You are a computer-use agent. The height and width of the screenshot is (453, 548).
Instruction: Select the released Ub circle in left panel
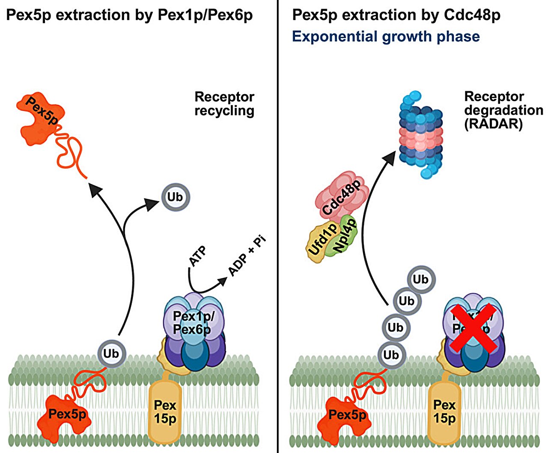pos(175,197)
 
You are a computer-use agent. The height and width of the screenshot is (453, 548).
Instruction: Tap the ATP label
pos(197,256)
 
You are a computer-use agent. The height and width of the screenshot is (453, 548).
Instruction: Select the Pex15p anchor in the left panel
pos(165,411)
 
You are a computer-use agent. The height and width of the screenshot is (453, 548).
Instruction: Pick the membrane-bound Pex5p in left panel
pos(66,414)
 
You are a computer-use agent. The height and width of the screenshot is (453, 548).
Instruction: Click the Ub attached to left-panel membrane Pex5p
pos(111,354)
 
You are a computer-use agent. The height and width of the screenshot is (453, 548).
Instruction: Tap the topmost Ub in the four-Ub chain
pos(420,280)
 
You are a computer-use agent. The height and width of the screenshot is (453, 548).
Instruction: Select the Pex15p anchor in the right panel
pos(444,411)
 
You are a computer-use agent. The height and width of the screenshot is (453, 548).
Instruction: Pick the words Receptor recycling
pos(224,104)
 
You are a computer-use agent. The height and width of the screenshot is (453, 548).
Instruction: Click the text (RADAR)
pos(493,124)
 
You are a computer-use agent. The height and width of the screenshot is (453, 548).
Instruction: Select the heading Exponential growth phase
pos(386,36)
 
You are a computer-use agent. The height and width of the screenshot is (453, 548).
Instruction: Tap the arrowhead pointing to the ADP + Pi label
pos(223,280)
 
